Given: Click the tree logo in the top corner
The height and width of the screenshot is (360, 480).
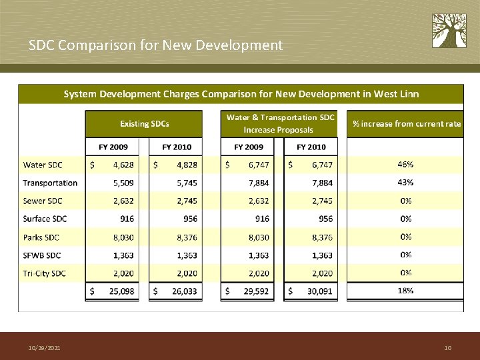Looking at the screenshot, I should coord(449,31).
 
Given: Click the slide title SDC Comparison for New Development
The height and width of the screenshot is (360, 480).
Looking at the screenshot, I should coord(155,45).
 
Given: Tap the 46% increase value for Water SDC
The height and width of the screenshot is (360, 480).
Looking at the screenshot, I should coord(405,164).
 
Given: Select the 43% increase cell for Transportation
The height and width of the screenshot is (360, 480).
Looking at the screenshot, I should coord(405,182).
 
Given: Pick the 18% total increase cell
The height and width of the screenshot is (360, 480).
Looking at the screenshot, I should coord(405,291).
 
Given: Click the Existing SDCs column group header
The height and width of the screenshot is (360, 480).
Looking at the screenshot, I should coord(144,124).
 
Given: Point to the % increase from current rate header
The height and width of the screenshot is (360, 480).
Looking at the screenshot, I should coord(406,124).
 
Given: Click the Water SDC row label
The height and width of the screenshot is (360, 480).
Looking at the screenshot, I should coord(43,165).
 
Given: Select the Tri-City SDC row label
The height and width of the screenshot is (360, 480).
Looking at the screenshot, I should coord(45,273).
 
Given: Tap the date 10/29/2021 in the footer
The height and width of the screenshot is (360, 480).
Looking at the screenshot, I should coord(44,348).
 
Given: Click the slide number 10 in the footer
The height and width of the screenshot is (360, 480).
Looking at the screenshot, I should coord(447,348).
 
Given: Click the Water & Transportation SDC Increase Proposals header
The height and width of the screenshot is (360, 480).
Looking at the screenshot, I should coord(279,123).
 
